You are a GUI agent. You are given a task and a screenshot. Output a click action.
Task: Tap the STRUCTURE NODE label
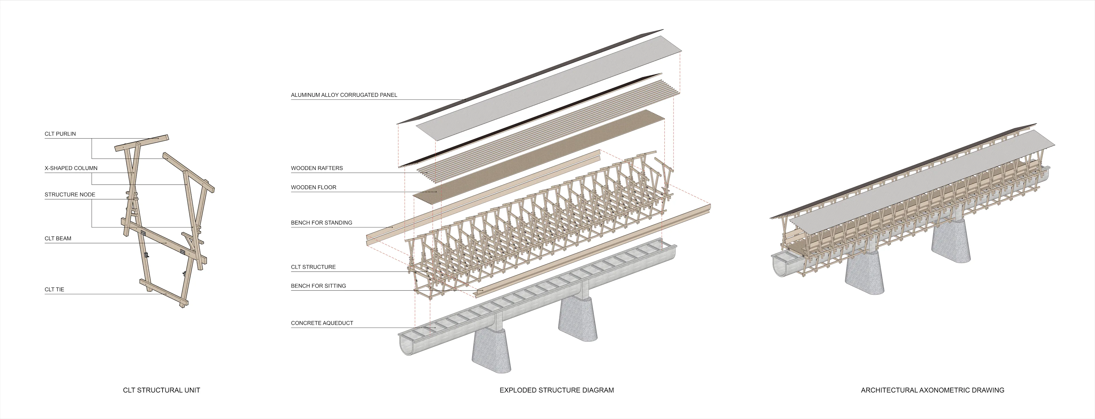70,195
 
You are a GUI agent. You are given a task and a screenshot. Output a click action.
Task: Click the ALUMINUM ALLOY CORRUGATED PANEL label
344,95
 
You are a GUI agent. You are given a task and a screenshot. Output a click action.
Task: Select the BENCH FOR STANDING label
321,223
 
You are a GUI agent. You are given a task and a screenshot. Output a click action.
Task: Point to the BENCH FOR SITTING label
319,286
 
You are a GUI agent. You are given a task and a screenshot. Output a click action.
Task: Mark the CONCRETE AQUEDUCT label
322,323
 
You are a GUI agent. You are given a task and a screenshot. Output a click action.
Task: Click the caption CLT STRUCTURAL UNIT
161,390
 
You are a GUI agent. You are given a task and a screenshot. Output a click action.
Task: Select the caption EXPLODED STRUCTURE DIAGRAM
556,390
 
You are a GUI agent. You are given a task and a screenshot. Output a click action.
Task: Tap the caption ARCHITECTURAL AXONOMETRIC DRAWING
932,390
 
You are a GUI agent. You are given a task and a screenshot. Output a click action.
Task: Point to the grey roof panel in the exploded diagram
548,87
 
